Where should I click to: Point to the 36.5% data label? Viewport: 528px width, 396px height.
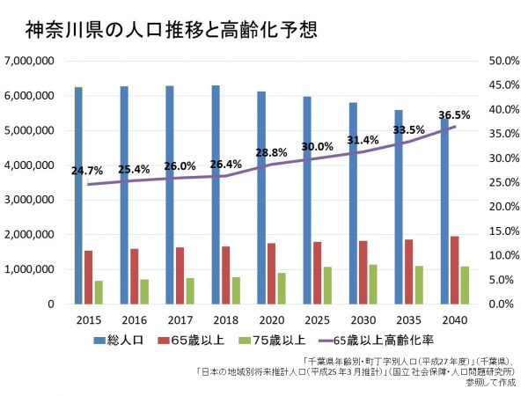(454, 114)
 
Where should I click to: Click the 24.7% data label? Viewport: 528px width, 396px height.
(88, 170)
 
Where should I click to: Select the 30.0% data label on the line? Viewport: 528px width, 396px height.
(317, 147)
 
